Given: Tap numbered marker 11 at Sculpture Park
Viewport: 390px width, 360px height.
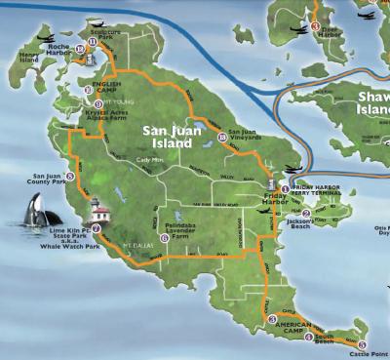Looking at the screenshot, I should (x=93, y=42).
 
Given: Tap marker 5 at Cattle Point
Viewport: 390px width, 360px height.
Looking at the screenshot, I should (x=362, y=345).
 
